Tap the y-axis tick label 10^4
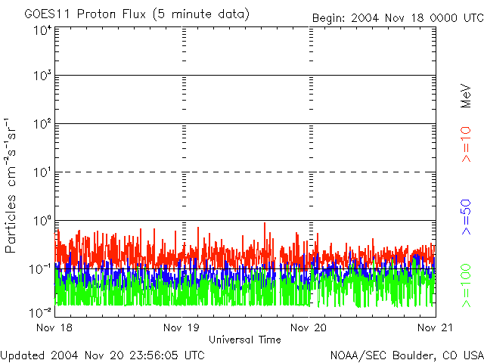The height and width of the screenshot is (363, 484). (x=42, y=29)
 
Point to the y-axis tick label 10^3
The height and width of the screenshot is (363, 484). (x=42, y=76)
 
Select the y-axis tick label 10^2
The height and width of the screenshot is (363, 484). (x=42, y=124)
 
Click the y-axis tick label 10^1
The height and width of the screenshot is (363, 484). (x=42, y=172)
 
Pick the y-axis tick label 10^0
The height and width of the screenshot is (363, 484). (x=42, y=221)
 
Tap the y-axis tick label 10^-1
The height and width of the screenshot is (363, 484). (x=41, y=268)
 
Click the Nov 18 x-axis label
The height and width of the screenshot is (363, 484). (x=52, y=327)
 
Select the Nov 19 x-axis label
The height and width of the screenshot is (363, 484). (x=181, y=327)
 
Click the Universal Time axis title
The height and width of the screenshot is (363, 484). (x=244, y=340)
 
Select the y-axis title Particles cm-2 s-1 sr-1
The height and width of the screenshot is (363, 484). (x=12, y=185)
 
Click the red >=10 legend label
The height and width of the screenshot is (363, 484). (x=467, y=144)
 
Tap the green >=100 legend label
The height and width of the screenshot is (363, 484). (x=467, y=285)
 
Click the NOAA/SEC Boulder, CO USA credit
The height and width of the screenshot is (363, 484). (x=406, y=355)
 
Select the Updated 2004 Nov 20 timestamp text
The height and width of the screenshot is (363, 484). (x=103, y=355)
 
